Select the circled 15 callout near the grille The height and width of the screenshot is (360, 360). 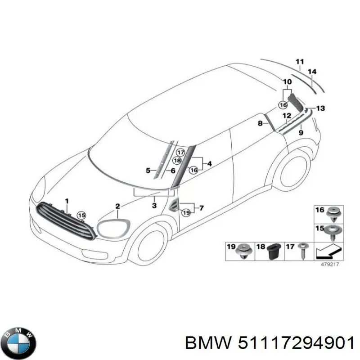click(81, 216)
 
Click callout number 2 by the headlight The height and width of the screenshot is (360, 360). click(117, 207)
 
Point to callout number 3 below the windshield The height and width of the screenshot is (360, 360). click(154, 206)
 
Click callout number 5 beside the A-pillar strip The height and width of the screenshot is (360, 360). click(148, 170)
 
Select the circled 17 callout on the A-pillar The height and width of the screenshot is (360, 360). click(180, 152)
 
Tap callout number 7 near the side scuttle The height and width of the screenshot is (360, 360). click(201, 208)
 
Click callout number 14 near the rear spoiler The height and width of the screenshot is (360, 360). click(312, 72)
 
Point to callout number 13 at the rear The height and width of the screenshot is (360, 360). click(320, 108)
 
